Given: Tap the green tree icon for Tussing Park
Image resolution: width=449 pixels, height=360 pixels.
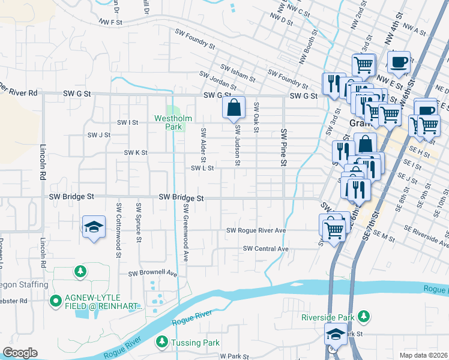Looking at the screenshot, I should [161, 341].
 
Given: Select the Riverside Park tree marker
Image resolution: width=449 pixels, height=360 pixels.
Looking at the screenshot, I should [363, 316].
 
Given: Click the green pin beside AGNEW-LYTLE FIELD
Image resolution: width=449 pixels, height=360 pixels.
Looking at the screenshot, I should [56, 299].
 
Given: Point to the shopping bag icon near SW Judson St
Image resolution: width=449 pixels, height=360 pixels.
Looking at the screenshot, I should [234, 108].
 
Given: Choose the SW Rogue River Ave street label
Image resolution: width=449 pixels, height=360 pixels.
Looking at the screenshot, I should [255, 230].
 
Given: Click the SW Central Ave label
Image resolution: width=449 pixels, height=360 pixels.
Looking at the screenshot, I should [266, 248].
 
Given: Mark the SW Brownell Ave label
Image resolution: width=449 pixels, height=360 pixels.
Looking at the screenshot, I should [153, 274].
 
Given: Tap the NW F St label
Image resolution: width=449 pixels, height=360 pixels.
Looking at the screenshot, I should [112, 22].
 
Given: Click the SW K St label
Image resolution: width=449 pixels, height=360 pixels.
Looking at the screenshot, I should [136, 153].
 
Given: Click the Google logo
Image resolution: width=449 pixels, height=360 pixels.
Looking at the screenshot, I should [20, 353].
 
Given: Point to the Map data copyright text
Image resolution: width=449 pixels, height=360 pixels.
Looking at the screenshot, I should [423, 355].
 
